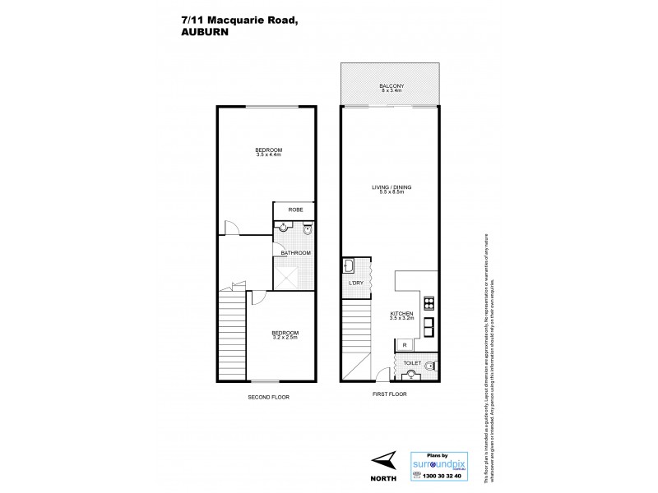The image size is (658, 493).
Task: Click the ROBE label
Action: pyautogui.click(x=295, y=210)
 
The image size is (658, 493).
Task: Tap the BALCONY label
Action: pyautogui.click(x=392, y=86)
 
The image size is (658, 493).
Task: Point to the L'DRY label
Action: pyautogui.click(x=356, y=283)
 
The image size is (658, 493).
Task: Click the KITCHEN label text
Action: pyautogui.click(x=401, y=313)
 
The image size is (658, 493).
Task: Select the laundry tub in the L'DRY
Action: pyautogui.click(x=350, y=265)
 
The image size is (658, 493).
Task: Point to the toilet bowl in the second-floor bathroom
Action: pyautogui.click(x=307, y=231)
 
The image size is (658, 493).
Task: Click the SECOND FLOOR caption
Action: pyautogui.click(x=269, y=397)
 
